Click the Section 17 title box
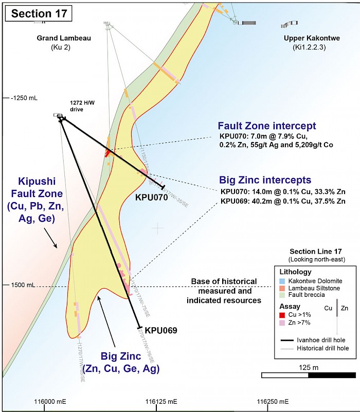(39, 13)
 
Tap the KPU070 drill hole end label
(152, 197)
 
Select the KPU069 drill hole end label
(161, 330)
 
